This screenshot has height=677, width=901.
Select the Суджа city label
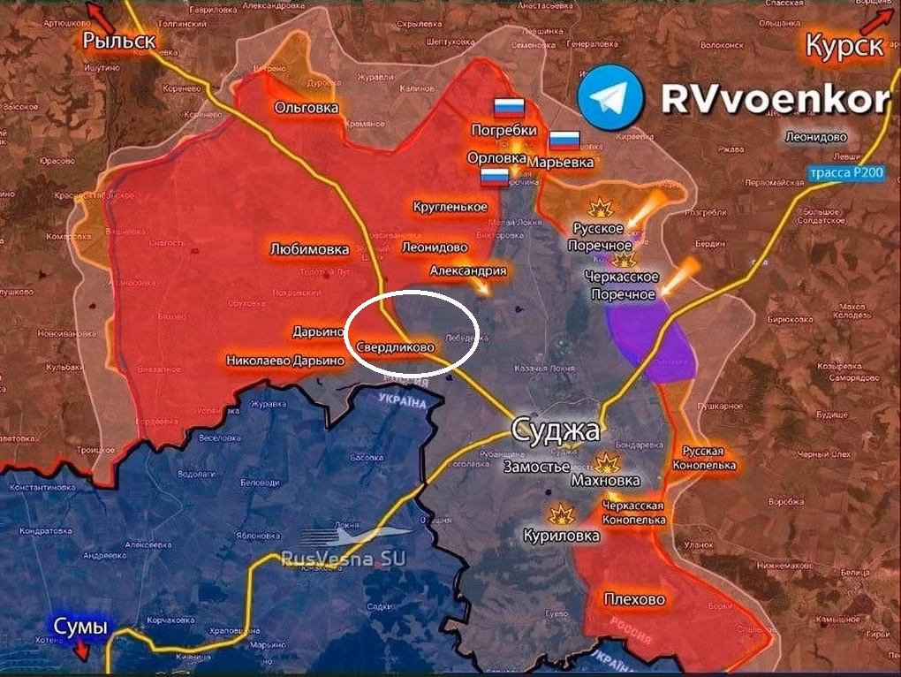pos(556,431)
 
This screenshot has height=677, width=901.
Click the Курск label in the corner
pos(844,45)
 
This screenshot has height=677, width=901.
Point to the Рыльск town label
pos(119,40)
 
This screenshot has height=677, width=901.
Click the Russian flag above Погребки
pos(509,109)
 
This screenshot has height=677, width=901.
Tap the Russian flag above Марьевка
pos(564,141)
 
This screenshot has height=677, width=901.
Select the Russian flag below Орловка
pos(495,177)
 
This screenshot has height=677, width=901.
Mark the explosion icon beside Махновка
pos(607,462)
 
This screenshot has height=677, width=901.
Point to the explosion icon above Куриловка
pos(560,514)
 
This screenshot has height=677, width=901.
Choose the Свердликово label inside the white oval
pos(396,347)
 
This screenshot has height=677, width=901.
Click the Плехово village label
pos(634,600)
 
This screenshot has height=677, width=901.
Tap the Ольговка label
pos(307,107)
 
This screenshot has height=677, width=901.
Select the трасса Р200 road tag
pos(845,174)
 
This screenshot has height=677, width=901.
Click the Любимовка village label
pos(309,250)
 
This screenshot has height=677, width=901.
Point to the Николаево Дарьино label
pos(284,361)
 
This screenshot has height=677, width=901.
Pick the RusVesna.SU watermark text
pos(349,558)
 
